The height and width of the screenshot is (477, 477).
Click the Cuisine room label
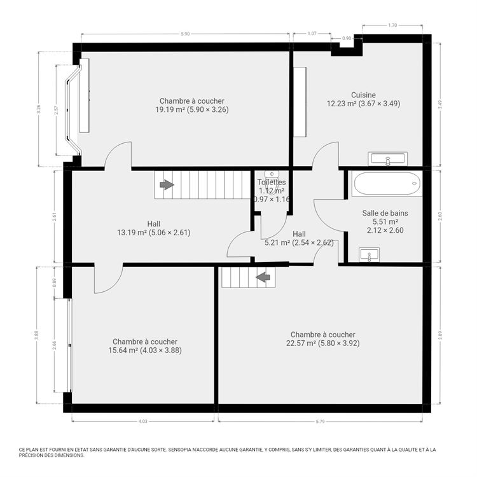[x=363, y=95]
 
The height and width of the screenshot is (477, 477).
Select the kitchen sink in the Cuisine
[x=387, y=158]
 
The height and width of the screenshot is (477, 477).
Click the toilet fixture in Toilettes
[x=271, y=174]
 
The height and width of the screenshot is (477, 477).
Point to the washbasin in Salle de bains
[x=370, y=255]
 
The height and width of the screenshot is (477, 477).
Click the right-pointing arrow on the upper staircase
[x=167, y=184]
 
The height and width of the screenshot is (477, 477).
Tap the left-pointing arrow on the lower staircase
[x=263, y=277]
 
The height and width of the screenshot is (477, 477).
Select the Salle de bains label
[x=385, y=213]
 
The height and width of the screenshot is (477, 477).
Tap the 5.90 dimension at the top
[x=185, y=33]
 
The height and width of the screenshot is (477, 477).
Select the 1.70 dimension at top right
[x=392, y=25]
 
